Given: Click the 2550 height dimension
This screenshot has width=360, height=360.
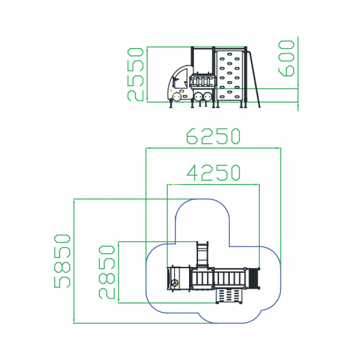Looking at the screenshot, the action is [x=136, y=74].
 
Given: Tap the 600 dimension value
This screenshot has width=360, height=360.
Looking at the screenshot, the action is [x=286, y=58].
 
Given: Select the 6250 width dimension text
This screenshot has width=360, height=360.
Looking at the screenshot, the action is [x=213, y=136].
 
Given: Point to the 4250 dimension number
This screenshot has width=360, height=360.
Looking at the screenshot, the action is [x=213, y=172].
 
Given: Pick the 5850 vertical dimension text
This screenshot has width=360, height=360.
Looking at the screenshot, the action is [x=62, y=261].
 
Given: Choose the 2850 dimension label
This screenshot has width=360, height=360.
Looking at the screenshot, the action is [x=107, y=272].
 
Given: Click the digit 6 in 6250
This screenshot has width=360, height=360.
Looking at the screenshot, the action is [x=192, y=136].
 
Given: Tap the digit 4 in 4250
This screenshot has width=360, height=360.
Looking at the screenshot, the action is [x=192, y=172].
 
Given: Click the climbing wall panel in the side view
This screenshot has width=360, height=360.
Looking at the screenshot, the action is [x=229, y=76].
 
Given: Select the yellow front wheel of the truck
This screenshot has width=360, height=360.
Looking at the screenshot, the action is [x=177, y=97].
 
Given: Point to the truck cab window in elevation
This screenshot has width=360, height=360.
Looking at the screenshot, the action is [x=181, y=79].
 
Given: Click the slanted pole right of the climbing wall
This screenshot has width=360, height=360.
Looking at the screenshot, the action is [x=254, y=79].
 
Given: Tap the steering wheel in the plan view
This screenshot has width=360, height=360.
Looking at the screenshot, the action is [x=175, y=283].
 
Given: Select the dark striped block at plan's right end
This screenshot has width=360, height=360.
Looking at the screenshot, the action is [x=253, y=278].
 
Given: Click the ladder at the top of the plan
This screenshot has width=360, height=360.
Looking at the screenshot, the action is [x=203, y=254].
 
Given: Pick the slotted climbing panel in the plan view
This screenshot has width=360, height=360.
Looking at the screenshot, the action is [x=229, y=295].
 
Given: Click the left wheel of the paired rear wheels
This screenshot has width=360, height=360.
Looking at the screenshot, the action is [x=197, y=97].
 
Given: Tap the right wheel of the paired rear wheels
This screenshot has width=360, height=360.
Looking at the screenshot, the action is [x=208, y=97].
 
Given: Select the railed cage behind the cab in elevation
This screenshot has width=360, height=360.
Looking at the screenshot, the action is [x=203, y=81].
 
